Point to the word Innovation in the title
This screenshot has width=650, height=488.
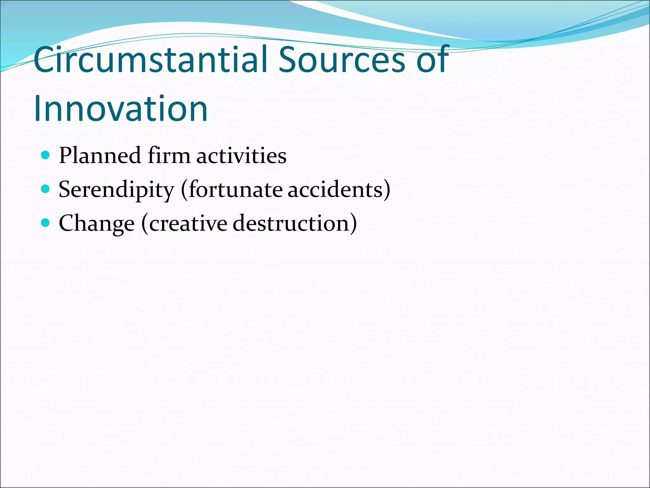(x=121, y=109)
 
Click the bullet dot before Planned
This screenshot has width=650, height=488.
(x=46, y=155)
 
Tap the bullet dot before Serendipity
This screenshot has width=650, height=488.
(x=46, y=189)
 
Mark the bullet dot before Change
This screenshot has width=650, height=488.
(x=46, y=223)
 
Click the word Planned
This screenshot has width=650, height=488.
(x=100, y=156)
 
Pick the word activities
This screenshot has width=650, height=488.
(x=241, y=156)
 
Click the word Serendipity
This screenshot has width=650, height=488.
(x=116, y=190)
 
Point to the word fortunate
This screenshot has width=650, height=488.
(x=235, y=190)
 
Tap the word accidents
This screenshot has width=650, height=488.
(x=335, y=190)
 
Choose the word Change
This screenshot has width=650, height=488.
(x=96, y=224)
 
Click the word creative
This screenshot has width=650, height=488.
(x=188, y=223)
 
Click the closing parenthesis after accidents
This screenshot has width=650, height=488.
(x=387, y=190)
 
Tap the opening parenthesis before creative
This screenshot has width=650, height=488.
(x=145, y=224)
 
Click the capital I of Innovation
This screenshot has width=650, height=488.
(x=37, y=109)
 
